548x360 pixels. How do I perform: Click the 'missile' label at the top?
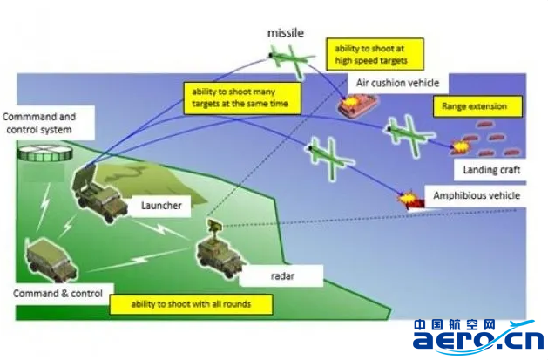[x=286, y=32]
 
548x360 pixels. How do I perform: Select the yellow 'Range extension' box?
[x=477, y=108]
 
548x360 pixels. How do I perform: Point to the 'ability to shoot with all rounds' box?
[x=191, y=304]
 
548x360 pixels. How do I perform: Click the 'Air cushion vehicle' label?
[x=397, y=83]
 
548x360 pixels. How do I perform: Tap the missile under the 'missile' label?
[x=289, y=58]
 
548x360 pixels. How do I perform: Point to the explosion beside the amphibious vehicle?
[x=405, y=200]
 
